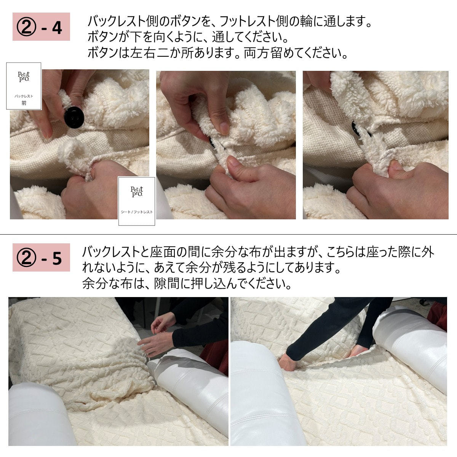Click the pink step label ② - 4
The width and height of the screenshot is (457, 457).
41,27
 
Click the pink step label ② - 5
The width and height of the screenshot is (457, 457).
41,257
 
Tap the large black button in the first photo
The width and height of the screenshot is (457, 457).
74,117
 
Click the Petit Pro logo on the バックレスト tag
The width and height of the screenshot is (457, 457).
24,77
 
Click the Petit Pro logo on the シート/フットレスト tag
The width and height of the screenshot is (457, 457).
137,192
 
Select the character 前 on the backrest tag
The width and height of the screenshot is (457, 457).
24,103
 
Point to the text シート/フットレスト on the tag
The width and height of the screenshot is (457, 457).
137,212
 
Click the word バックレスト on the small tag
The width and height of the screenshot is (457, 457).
24,96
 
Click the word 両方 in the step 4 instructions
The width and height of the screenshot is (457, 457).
257,53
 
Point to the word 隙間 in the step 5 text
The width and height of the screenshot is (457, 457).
166,283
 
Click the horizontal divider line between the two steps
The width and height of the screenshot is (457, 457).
228,234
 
